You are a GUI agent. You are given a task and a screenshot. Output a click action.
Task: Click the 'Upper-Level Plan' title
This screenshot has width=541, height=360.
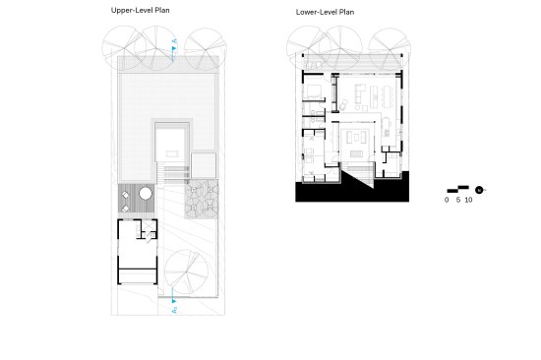coord(140,11)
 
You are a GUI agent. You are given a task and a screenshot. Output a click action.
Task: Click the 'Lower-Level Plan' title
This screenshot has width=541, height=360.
coord(325,12)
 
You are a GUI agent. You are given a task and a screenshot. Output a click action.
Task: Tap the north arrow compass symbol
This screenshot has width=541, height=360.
coord(479,190)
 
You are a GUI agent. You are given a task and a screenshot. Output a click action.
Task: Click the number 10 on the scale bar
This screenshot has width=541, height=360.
coord(468,200)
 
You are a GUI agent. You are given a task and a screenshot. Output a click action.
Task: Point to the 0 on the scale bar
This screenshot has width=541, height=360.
coord(447,200)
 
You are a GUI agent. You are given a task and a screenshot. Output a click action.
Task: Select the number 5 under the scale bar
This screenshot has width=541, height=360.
coord(457,200)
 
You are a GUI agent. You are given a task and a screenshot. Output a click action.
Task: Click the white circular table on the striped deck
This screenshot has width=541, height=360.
coord(146,194)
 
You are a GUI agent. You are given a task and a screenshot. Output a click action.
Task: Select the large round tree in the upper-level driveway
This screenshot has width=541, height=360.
coord(186,272)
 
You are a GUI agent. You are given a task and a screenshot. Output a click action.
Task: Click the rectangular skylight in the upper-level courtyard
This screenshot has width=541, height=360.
coord(172,153)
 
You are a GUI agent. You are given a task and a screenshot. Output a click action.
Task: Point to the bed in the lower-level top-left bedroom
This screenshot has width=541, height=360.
coord(312,90)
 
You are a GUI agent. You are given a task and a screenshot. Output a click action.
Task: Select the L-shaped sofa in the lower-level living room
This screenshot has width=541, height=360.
coord(359,93)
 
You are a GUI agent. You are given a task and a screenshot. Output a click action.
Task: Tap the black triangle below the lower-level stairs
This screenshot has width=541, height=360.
coord(359,178)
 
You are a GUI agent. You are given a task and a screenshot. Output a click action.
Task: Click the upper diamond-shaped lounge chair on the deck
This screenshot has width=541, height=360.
coord(126,196)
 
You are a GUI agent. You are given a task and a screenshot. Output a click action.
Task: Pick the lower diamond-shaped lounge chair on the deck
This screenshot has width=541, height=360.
coord(126,209)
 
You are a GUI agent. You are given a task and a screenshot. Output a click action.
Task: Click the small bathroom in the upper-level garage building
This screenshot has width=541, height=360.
coord(150,228)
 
